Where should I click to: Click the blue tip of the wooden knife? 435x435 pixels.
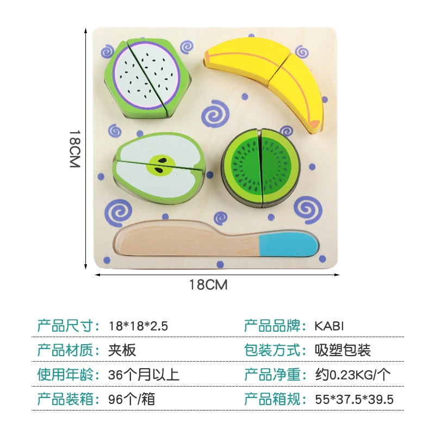point(289,244)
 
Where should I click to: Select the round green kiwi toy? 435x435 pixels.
point(261,167)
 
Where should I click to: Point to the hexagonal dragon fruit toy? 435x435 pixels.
point(147,78)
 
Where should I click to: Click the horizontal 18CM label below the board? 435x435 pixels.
point(208,285)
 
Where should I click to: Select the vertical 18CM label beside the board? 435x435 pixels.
point(75,149)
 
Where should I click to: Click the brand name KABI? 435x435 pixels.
point(329,326)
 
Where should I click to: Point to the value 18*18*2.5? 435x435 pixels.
point(138,326)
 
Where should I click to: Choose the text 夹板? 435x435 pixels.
point(122,350)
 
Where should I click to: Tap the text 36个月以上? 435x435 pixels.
point(144,375)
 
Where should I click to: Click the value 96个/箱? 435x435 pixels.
point(132,400)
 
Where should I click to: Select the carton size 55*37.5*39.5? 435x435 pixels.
point(355,400)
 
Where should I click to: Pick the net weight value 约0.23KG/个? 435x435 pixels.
point(352,375)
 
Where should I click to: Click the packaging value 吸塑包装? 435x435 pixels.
point(343,350)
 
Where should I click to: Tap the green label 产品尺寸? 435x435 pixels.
point(65,326)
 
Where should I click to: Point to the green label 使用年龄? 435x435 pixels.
point(65,375)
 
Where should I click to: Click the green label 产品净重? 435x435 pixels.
point(272,375)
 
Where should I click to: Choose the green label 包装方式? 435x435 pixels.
point(272,350)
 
